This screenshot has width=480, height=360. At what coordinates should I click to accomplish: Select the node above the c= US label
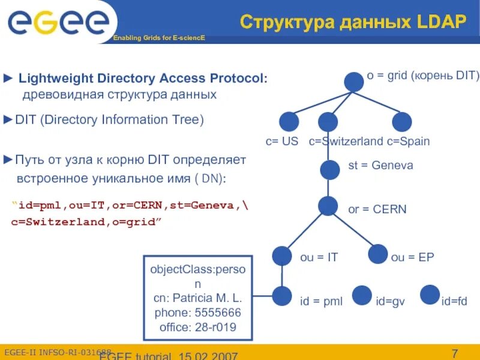coord(289,122)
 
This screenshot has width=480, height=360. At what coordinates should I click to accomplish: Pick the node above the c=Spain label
coord(402,122)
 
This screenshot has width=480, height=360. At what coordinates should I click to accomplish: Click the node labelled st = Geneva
coord(329,170)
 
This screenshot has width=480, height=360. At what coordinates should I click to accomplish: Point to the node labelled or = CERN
coord(328,206)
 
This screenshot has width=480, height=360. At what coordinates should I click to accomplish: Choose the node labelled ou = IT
coord(281,256)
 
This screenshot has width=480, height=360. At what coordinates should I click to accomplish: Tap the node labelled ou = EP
coord(378,254)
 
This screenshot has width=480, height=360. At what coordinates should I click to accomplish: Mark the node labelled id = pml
coord(282,296)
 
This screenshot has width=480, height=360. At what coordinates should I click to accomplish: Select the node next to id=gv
coord(362,295)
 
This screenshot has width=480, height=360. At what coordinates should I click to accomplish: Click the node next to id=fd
coord(430,295)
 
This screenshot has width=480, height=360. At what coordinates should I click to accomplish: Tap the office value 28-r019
coord(214,328)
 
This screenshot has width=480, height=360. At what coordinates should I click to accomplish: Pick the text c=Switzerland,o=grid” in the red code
coord(86,222)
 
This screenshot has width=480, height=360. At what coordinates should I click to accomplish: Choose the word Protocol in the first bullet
coord(236,79)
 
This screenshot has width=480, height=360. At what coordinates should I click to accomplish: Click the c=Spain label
coord(408,142)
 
